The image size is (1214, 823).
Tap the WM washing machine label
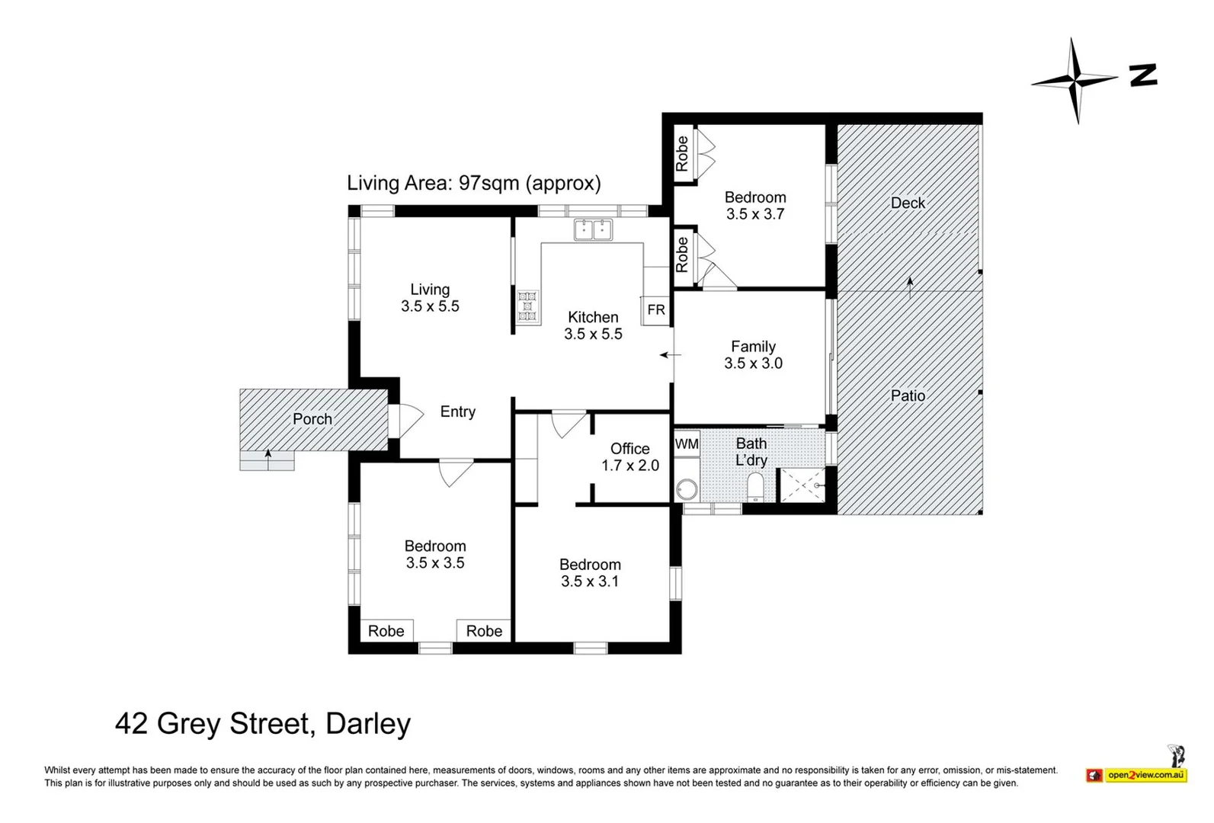(687, 444)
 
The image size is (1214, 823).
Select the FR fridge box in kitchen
(656, 310)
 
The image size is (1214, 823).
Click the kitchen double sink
(593, 229)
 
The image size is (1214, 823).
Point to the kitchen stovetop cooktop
(527, 306)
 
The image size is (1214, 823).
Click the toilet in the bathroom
(755, 485)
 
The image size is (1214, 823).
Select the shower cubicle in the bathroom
(801, 485)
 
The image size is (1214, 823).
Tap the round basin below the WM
(687, 488)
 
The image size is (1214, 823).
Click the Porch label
(312, 419)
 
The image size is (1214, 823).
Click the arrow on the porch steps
(267, 456)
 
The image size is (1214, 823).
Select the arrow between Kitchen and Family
(669, 355)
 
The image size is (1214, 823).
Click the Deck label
(908, 203)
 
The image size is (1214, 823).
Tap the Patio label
(908, 395)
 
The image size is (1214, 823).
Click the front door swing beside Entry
(408, 419)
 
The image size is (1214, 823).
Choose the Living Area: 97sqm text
(473, 183)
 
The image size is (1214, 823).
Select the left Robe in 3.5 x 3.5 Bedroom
(386, 631)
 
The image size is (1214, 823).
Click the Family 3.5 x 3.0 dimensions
(753, 363)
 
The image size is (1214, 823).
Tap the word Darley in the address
(368, 723)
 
